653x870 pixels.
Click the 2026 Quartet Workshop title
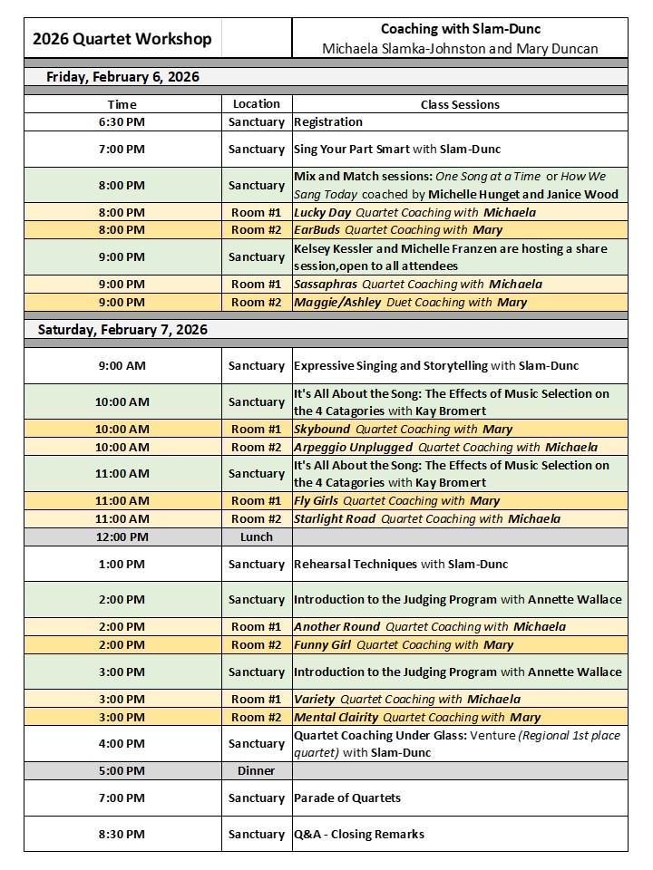[x=122, y=39]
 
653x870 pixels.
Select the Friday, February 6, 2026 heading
[x=123, y=77]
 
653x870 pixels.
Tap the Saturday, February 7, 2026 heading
[x=122, y=330]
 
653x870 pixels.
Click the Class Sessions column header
[x=460, y=104]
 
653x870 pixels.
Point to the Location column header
[x=257, y=104]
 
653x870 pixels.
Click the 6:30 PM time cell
[x=122, y=121]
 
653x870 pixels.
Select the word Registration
[x=328, y=121]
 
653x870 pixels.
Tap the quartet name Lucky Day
[x=322, y=212]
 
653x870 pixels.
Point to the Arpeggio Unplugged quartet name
[x=353, y=447]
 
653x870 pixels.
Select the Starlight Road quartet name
[x=335, y=519]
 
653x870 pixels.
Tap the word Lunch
[x=257, y=536]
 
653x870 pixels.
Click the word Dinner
[x=257, y=770]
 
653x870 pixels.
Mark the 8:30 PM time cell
[x=122, y=834]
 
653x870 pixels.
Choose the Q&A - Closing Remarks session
[x=359, y=834]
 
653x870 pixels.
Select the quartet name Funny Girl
[x=323, y=645]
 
